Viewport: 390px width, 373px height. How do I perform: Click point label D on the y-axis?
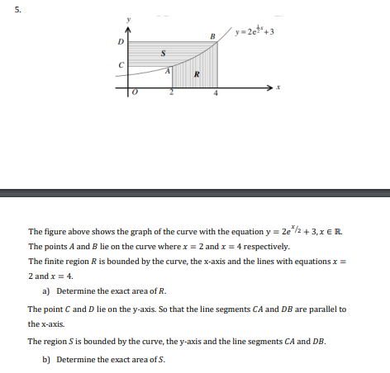(121, 41)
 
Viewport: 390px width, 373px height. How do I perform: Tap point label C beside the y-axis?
(121, 65)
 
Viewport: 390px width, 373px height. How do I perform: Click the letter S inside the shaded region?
(164, 54)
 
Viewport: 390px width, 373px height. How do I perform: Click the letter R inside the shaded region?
(196, 78)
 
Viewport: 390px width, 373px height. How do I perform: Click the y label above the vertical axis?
(128, 18)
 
